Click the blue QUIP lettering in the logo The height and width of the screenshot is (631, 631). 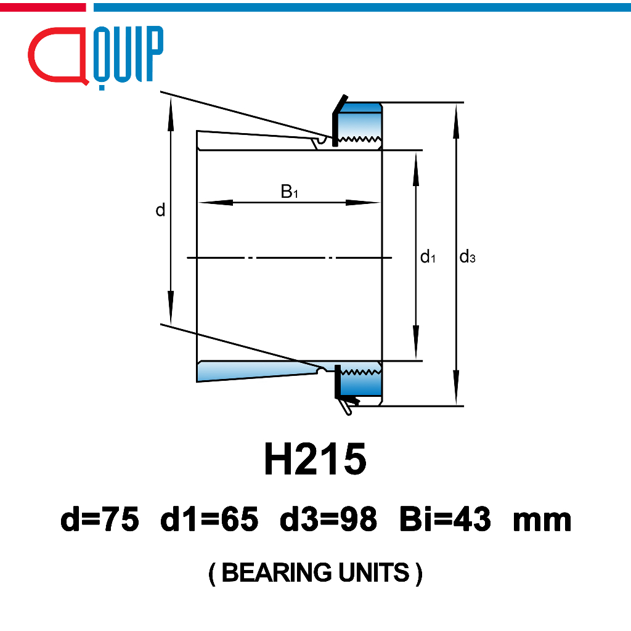pyautogui.click(x=128, y=55)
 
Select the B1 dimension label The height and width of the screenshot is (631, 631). pyautogui.click(x=290, y=192)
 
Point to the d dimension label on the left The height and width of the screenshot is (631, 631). pyautogui.click(x=160, y=210)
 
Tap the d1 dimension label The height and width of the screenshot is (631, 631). pyautogui.click(x=428, y=256)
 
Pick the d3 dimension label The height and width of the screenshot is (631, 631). pyautogui.click(x=467, y=256)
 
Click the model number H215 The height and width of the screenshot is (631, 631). pyautogui.click(x=315, y=458)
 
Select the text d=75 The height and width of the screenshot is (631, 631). pyautogui.click(x=100, y=519)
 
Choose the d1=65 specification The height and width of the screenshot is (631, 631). pyautogui.click(x=210, y=519)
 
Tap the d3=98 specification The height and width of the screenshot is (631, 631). pyautogui.click(x=328, y=519)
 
